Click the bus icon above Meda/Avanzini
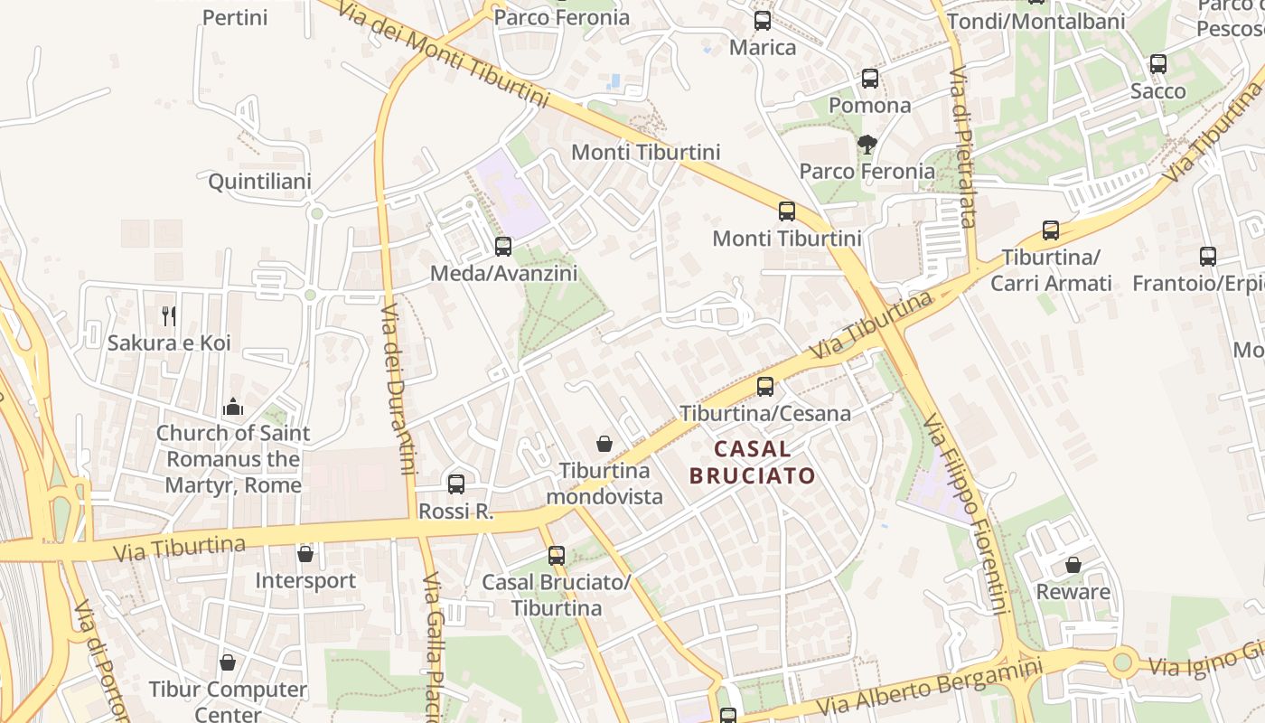pos(503,246)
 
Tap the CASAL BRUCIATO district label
pos(752,462)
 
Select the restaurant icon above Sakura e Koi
pos(169,315)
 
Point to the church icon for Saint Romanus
pos(233,408)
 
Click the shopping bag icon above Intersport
pos(305,553)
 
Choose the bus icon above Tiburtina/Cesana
pos(765,387)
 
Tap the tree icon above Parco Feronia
pos(867,145)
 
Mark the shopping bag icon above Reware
pos(1073,565)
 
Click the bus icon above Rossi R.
pos(456,484)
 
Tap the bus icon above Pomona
pos(870,79)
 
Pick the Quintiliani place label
pos(259,182)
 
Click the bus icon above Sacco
pos(1158,64)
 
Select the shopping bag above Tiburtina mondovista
pos(604,444)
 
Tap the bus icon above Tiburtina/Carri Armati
pos(1051,230)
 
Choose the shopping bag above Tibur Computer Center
pos(228,662)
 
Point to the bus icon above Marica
pos(763,21)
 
